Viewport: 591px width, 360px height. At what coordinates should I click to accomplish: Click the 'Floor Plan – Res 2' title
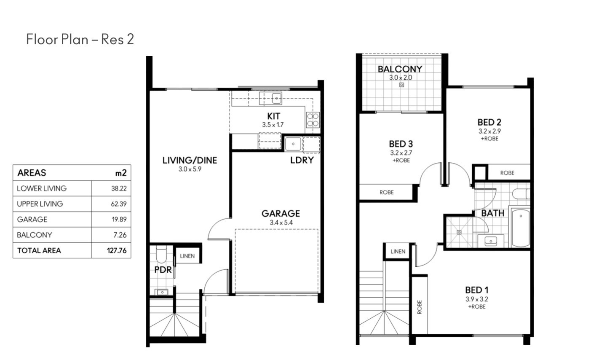[x=80, y=39]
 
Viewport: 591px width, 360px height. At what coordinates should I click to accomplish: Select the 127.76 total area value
[x=117, y=250]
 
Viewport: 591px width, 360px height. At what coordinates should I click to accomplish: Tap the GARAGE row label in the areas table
[x=32, y=219]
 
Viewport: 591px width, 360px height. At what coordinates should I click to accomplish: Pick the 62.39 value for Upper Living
[x=119, y=204]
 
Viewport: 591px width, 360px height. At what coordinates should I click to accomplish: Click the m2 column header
[x=121, y=173]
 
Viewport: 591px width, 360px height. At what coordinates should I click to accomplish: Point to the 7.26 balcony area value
[x=120, y=235]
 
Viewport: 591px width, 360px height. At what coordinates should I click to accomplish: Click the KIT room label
[x=274, y=116]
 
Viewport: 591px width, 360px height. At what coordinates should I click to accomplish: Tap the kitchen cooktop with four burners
[x=313, y=120]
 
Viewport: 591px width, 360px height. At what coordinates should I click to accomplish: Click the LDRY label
[x=302, y=160]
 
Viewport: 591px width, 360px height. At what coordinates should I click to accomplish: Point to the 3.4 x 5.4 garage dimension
[x=281, y=223]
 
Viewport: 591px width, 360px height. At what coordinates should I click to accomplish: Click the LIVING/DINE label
[x=190, y=160]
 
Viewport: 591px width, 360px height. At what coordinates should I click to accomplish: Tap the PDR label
[x=163, y=270]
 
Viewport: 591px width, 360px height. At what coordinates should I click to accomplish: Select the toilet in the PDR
[x=161, y=254]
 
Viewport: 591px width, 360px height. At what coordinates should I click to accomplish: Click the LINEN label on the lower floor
[x=187, y=256]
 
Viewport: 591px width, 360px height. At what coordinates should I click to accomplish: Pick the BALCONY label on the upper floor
[x=400, y=69]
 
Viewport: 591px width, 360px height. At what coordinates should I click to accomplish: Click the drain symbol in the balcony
[x=401, y=85]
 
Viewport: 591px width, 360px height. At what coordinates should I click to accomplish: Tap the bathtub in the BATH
[x=521, y=228]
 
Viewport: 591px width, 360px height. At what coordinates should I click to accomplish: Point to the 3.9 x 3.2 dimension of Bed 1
[x=477, y=299]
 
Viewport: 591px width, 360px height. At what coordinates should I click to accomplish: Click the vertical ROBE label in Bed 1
[x=420, y=307]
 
